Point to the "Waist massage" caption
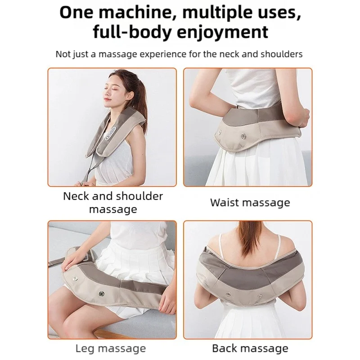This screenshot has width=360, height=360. [x=250, y=202]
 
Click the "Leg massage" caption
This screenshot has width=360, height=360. [x=110, y=348]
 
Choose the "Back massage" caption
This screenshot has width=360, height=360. [x=250, y=348]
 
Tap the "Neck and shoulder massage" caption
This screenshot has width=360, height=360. [x=113, y=202]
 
